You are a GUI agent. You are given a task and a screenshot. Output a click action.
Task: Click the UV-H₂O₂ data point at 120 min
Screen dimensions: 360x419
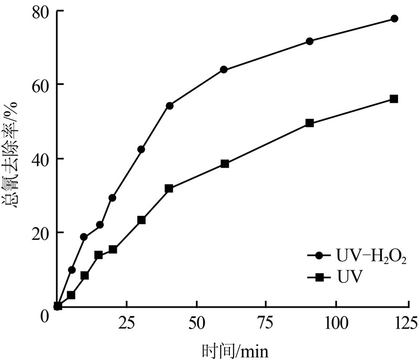[x=394, y=19]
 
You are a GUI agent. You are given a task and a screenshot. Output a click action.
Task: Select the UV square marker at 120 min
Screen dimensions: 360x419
[x=394, y=99]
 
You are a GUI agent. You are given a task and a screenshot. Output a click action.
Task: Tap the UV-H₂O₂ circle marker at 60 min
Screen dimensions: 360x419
[x=224, y=70]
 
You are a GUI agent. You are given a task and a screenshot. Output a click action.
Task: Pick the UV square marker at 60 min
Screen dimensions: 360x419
[x=225, y=164]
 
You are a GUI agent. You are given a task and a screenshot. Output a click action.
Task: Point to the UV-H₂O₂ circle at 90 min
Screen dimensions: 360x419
[x=310, y=41]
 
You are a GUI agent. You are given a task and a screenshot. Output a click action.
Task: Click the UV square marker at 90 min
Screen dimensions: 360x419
[x=310, y=123]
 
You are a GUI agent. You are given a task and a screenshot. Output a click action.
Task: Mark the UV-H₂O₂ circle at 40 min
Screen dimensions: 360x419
[x=170, y=106]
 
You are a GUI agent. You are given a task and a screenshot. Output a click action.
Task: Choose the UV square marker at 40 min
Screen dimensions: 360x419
[x=169, y=188]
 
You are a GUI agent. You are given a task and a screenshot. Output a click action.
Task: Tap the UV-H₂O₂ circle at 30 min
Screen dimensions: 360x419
[x=141, y=149]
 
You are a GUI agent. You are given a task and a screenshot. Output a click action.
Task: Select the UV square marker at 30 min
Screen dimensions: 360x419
[x=141, y=220]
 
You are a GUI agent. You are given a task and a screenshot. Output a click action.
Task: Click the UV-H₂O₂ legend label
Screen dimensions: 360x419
[x=369, y=256]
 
